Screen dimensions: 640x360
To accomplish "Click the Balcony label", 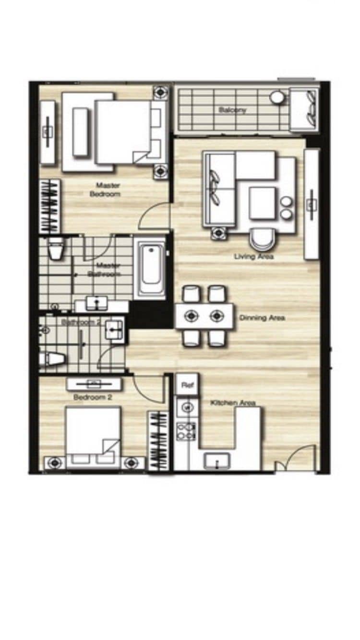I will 232,110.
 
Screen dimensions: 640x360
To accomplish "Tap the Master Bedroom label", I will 107,190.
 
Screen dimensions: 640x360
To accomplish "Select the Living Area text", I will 253,257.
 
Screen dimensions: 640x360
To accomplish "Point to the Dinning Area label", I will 262,318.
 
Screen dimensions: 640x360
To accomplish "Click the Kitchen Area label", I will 233,403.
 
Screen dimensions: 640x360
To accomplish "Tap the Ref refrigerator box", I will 186,384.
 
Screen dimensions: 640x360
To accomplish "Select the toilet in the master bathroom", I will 56,248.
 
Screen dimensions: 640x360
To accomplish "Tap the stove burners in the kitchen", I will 186,430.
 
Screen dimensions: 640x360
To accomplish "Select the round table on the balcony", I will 277,97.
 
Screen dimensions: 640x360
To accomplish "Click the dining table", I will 204,316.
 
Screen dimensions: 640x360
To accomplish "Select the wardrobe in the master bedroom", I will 49,206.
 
